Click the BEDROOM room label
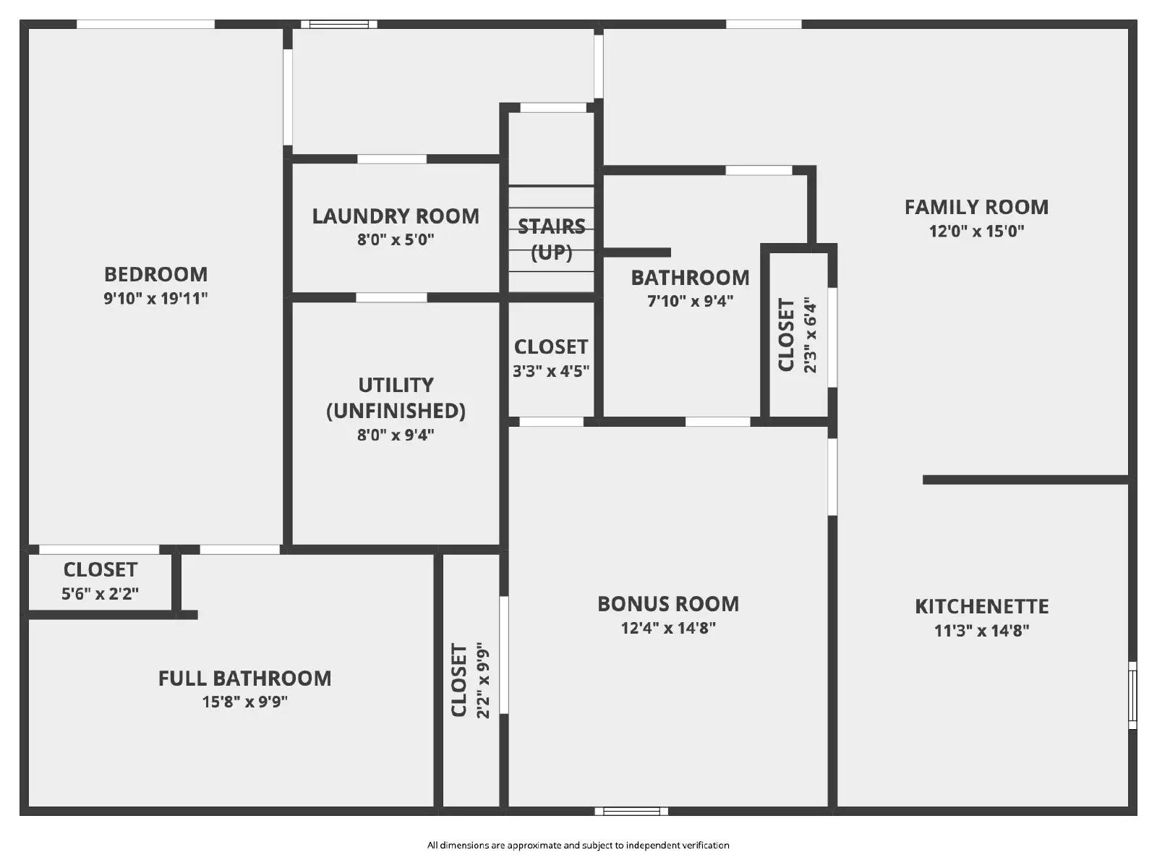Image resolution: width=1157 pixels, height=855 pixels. (x=155, y=275)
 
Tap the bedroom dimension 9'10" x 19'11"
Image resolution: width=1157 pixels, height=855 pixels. (x=155, y=298)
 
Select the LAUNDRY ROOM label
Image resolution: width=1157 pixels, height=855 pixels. (x=396, y=216)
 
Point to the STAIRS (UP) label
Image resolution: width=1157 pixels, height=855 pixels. (x=551, y=239)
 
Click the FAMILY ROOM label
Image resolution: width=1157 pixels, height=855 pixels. (x=976, y=208)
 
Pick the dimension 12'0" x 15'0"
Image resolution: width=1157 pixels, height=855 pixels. (x=976, y=231)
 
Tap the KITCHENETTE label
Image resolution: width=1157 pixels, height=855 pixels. (x=981, y=607)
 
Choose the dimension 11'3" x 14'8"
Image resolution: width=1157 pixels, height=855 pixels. (x=981, y=631)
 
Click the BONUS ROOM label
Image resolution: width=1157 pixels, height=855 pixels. (x=668, y=604)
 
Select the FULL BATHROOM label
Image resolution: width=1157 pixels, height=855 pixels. (x=245, y=679)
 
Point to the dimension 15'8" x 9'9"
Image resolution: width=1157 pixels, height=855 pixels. (x=245, y=702)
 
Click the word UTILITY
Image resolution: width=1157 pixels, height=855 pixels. (x=396, y=385)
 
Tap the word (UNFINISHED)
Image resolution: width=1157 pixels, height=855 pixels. (x=396, y=411)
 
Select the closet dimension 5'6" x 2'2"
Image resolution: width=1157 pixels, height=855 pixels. (x=100, y=594)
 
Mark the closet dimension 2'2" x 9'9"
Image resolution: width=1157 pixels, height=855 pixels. (x=483, y=680)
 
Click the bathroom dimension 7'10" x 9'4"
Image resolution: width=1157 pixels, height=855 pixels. (x=690, y=301)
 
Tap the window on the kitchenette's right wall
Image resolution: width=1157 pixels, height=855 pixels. (x=1132, y=695)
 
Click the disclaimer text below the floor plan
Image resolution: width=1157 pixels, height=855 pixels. (x=578, y=845)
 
